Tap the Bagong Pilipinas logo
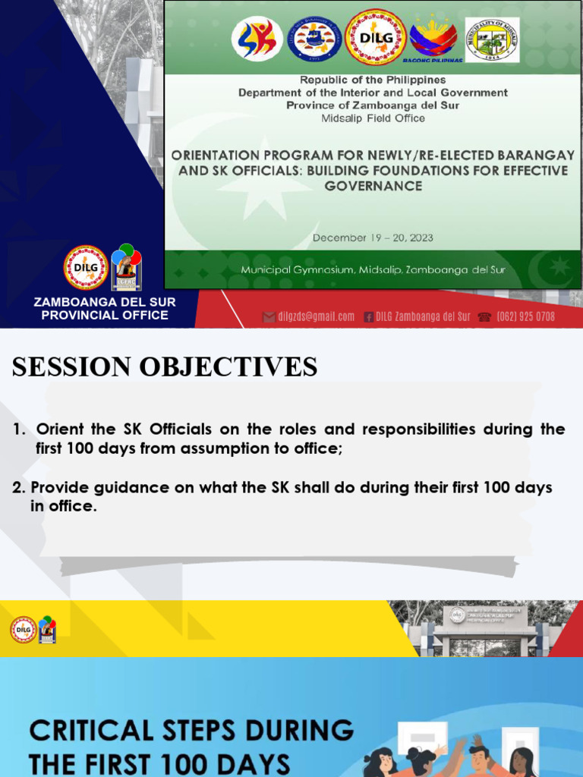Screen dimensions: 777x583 (x=433, y=40)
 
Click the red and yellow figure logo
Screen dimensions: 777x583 (x=257, y=39)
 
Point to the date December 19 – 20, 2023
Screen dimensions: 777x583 (x=373, y=238)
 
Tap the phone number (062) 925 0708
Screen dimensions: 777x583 (x=525, y=316)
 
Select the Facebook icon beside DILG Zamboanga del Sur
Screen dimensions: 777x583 (x=368, y=317)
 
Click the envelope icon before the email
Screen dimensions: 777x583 (x=269, y=317)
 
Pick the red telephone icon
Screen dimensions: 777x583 (x=485, y=317)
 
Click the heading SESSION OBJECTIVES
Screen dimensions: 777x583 (x=165, y=367)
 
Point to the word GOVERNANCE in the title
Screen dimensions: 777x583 (x=373, y=186)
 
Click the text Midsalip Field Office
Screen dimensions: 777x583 (x=373, y=118)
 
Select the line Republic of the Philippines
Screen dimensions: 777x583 (x=373, y=80)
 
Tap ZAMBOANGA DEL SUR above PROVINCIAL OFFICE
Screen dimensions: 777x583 (x=105, y=302)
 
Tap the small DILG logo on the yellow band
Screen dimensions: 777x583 (x=24, y=630)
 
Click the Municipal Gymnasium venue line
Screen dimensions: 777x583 (x=373, y=270)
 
